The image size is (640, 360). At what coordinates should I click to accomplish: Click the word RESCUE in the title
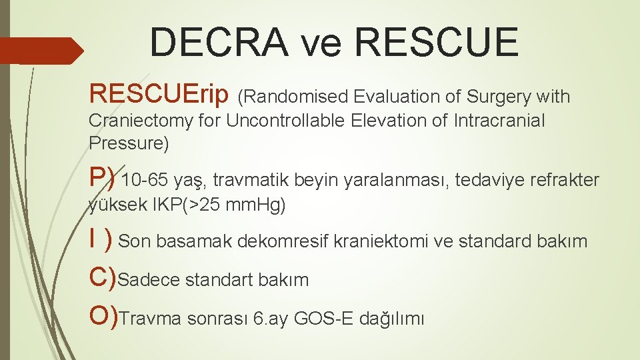[437, 42]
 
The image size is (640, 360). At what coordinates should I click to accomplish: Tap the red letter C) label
[103, 278]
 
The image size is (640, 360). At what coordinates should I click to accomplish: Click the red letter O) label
[104, 317]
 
